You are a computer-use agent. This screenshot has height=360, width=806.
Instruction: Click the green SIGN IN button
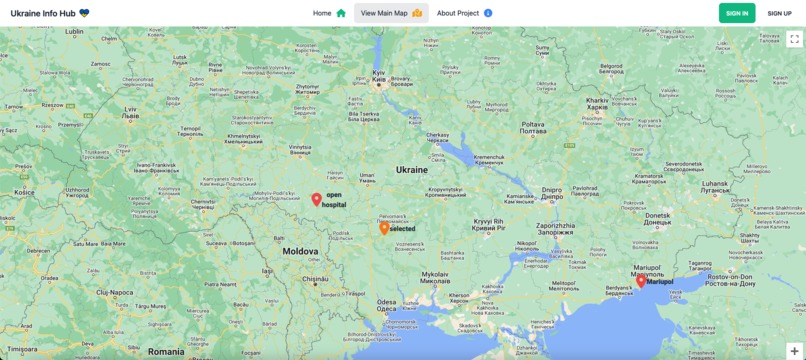737,13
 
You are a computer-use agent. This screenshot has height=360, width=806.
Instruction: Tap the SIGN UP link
779,13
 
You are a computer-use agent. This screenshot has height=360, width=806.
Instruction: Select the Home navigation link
329,13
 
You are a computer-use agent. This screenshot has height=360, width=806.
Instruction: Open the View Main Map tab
391,13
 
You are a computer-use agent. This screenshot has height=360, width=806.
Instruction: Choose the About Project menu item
464,13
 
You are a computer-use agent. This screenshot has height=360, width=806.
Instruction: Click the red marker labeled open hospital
316,199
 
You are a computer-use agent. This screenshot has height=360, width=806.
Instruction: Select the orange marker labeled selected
384,228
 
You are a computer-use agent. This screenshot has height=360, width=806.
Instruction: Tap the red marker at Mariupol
641,281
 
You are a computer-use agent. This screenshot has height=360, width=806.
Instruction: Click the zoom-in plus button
794,351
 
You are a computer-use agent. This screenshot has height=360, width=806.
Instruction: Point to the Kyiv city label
379,75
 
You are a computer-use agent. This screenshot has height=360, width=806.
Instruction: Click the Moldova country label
300,251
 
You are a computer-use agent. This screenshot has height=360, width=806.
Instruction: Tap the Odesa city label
386,307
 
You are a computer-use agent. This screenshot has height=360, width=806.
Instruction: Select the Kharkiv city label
597,102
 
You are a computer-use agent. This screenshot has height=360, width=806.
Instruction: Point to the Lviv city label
130,110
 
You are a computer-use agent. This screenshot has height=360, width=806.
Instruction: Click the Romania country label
165,351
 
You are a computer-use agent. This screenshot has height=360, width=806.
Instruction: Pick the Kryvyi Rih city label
489,223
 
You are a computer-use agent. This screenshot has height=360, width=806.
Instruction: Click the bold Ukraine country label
412,169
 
